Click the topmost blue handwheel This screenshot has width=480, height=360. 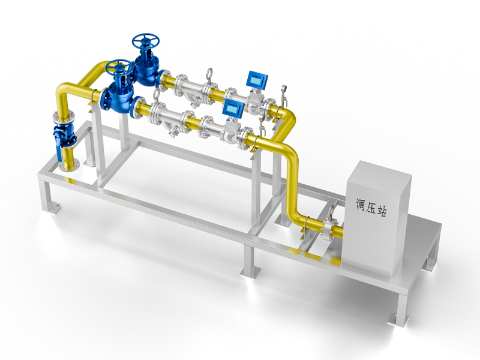coord(146,40)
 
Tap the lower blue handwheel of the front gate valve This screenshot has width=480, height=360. coord(119,67)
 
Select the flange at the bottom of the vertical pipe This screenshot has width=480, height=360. coord(69,166)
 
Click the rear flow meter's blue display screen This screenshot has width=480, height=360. coord(257,79)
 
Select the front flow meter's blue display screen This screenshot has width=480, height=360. coord(234,108)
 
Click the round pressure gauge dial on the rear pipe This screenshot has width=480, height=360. coord(283,88)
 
